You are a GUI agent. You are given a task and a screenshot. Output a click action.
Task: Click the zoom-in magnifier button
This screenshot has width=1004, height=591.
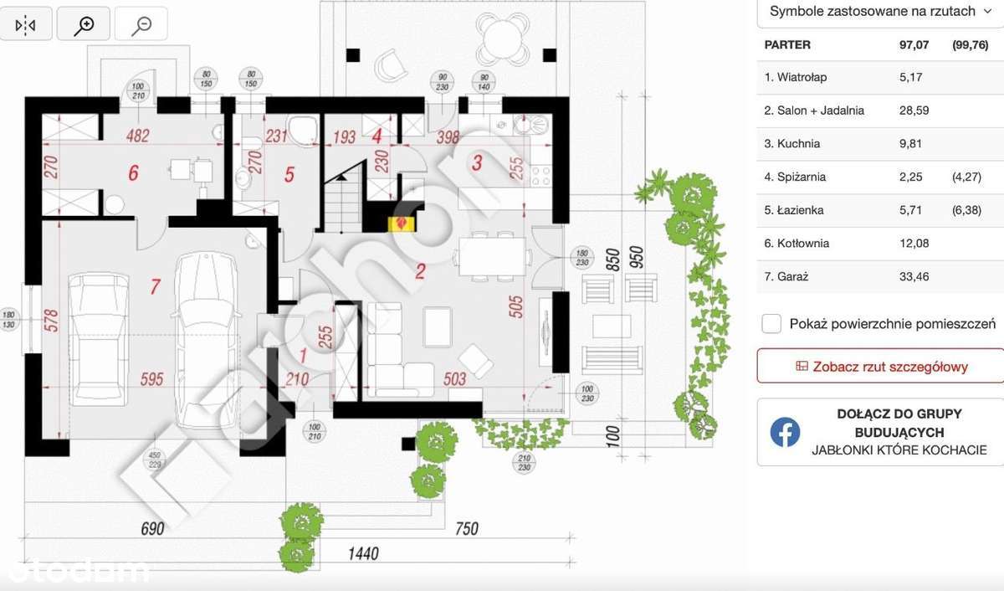click(84, 25)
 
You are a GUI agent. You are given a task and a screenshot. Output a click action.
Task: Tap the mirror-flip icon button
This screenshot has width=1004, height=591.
click(26, 25)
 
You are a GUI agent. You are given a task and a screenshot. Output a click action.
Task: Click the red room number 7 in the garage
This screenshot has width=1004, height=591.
click(154, 287)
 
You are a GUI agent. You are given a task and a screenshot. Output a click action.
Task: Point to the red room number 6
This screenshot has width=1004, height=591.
click(133, 173)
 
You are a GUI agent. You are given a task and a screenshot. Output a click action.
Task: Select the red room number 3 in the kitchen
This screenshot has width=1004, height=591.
click(477, 163)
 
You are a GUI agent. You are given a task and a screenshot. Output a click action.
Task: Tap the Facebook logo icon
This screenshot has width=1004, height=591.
click(785, 432)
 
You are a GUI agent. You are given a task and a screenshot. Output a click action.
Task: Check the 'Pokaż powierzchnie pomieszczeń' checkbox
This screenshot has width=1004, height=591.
click(772, 324)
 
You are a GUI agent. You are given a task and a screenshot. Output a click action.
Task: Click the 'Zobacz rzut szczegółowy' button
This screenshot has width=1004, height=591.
click(881, 367)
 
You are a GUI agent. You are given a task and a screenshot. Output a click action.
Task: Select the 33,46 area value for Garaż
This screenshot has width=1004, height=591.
click(914, 276)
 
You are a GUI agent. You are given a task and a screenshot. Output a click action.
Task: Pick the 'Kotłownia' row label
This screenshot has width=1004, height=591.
click(797, 244)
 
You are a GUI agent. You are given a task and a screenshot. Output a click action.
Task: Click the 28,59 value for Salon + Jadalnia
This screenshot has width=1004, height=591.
click(914, 110)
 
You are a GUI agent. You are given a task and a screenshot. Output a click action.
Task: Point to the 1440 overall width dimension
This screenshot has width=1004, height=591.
click(364, 553)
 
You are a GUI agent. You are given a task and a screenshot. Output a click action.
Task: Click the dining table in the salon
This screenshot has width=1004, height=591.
click(492, 254)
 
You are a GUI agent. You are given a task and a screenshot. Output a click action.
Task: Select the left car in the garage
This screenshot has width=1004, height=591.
click(99, 339)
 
